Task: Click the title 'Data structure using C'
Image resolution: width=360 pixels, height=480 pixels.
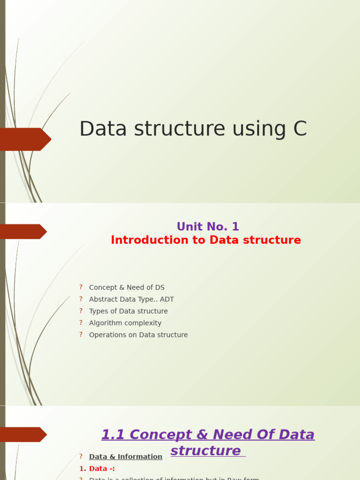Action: point(193,129)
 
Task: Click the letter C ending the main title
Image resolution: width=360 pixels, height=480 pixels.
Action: point(300,129)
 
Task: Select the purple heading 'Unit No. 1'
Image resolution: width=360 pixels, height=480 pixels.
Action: point(208,227)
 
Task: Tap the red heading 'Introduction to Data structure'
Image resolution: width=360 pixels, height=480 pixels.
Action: point(206,240)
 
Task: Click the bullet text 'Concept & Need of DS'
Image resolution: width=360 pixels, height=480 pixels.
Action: point(127,287)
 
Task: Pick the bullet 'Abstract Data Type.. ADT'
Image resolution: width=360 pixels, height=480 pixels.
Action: point(131,299)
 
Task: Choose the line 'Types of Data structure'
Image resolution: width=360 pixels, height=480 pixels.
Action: point(128,311)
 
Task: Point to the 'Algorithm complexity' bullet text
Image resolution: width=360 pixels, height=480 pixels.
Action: point(125,323)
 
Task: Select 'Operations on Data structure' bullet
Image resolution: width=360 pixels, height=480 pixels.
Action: point(138,335)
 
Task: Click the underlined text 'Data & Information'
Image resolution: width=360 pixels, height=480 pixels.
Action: point(126,457)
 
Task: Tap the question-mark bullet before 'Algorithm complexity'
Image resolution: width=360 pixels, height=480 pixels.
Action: point(81,322)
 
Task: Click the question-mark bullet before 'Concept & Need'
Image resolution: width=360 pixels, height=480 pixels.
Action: point(81,287)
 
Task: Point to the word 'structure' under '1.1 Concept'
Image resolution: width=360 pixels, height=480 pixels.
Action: point(205,450)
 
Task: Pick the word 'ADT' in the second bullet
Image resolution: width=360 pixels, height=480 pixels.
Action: point(167,299)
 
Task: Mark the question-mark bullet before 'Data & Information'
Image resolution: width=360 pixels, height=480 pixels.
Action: point(81,456)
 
